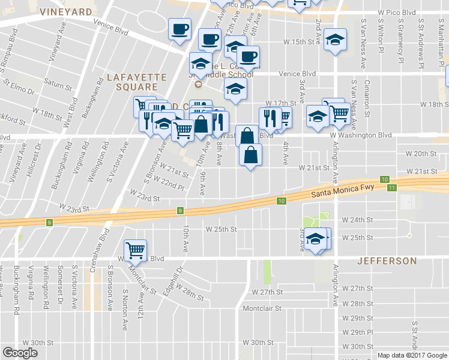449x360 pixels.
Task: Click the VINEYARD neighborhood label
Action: pos(66,11)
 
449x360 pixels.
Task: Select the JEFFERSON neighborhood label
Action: pos(387,261)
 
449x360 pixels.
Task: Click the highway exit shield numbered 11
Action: pos(391,188)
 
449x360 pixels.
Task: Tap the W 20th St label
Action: pos(421,154)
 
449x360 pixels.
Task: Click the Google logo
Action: pos(20,353)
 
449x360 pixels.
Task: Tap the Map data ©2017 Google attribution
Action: pos(411,355)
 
